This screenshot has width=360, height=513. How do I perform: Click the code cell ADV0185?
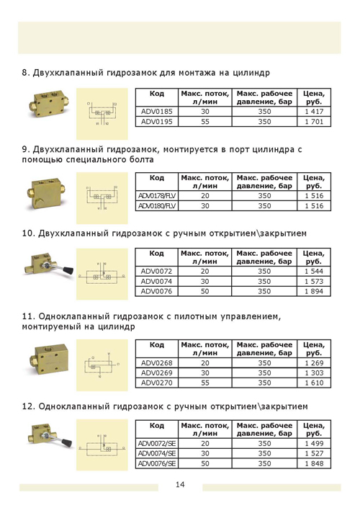coord(156,112)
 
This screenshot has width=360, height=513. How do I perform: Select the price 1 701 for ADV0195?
coord(313,122)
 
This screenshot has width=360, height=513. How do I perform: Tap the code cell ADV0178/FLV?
coord(156,195)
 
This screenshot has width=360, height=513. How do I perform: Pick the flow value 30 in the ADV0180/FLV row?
coord(205,205)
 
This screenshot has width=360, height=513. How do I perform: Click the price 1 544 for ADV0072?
coord(313,272)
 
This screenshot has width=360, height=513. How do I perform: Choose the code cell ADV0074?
coord(156,282)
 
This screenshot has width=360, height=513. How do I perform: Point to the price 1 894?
coord(313,291)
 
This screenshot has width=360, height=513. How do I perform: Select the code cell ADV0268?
coord(156,363)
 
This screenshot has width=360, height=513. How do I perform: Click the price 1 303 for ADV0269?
coord(313,373)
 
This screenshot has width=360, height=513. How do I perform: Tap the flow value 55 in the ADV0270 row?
coord(205,383)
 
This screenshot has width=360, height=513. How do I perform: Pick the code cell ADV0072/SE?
coord(156,445)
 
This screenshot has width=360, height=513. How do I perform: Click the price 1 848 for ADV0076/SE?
coord(313,464)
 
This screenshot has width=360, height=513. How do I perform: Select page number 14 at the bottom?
coord(179,484)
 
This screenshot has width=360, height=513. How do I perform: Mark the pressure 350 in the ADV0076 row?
coord(264,291)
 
